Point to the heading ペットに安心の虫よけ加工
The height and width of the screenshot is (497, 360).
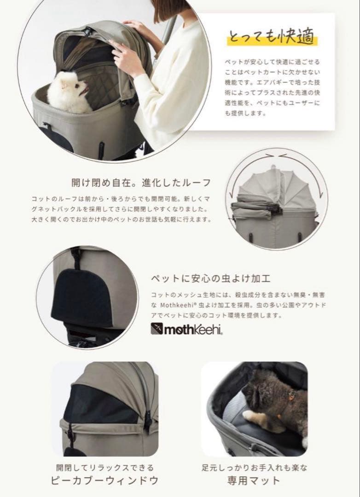[210, 279]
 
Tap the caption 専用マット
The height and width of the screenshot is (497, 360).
[254, 481]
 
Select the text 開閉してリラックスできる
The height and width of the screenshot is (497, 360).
[105, 468]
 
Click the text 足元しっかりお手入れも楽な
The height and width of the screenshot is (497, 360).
[254, 468]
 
